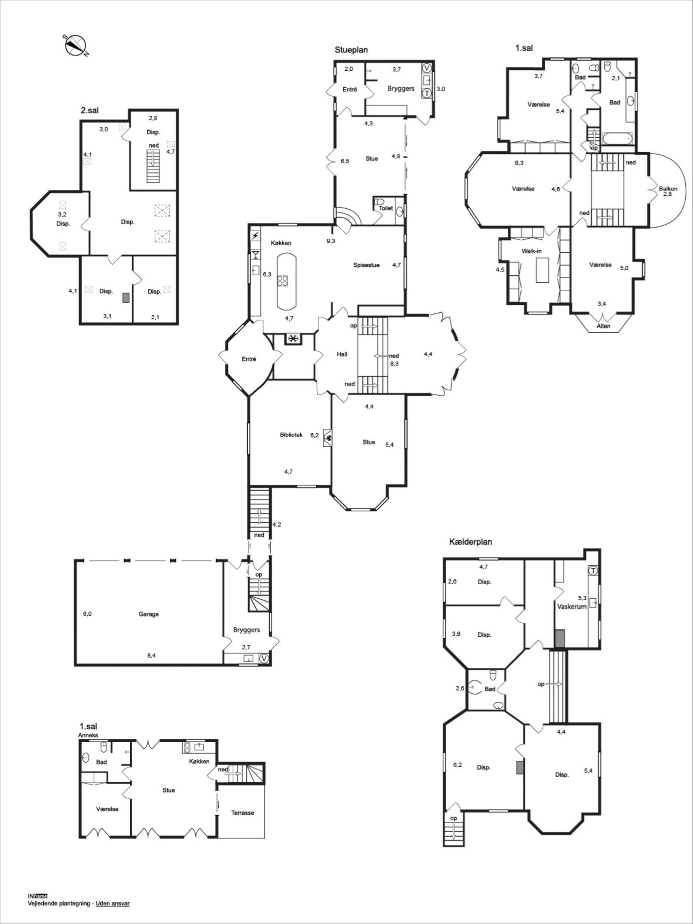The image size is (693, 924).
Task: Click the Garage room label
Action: pos(148,614)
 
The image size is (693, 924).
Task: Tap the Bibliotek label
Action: pos(291,434)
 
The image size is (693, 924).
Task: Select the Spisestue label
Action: pos(366,265)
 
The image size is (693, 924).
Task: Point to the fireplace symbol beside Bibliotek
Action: pos(328,438)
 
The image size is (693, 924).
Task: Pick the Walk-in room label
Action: pos(531,251)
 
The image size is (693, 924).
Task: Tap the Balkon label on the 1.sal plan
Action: pos(668,188)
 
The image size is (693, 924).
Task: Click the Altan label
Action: pos(604,325)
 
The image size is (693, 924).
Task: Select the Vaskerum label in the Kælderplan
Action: pos(572,606)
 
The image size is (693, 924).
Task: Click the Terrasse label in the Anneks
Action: pos(242,813)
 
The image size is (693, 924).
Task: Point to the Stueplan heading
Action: pos(351,50)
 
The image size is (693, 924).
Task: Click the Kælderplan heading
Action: pos(470,542)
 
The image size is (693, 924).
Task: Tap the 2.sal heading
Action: pos(90,111)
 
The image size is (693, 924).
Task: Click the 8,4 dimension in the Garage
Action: pos(152,655)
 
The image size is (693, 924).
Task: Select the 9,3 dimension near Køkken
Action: pos(331,240)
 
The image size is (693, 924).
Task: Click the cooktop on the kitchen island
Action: pos(283,280)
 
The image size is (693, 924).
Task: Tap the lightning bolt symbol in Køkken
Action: pos(255,236)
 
